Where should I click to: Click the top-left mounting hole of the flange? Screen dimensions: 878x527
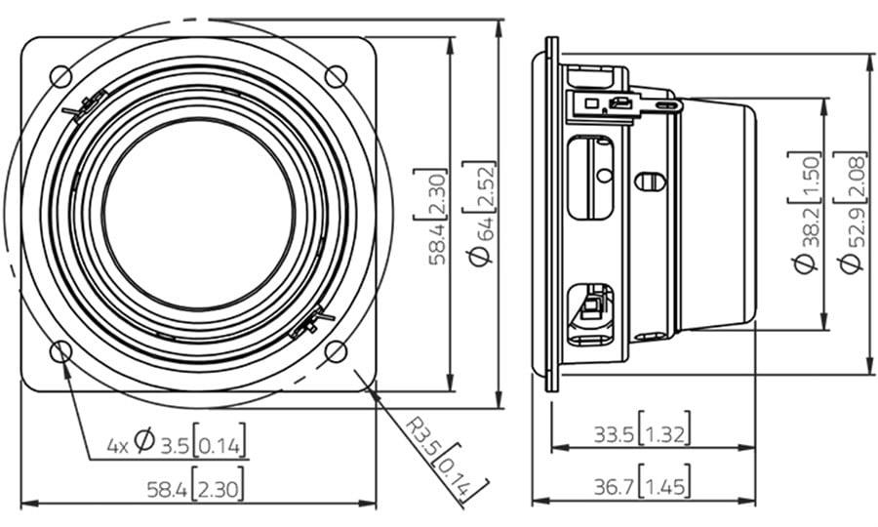point(61,76)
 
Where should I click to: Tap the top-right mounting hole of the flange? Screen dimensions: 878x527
point(336,76)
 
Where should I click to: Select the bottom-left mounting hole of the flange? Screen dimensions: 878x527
point(61,351)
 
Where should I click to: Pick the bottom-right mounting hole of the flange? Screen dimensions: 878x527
point(336,351)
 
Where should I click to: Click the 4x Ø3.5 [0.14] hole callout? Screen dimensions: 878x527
point(176,440)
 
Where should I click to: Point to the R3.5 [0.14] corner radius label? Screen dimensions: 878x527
point(446,458)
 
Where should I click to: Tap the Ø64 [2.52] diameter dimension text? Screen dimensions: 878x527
point(480,213)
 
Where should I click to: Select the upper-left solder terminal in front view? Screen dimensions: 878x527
point(85,106)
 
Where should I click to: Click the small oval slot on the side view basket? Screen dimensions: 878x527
point(650,182)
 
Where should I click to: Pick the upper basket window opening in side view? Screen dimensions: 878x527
point(591,178)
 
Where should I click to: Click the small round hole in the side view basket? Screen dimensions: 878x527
point(604,176)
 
